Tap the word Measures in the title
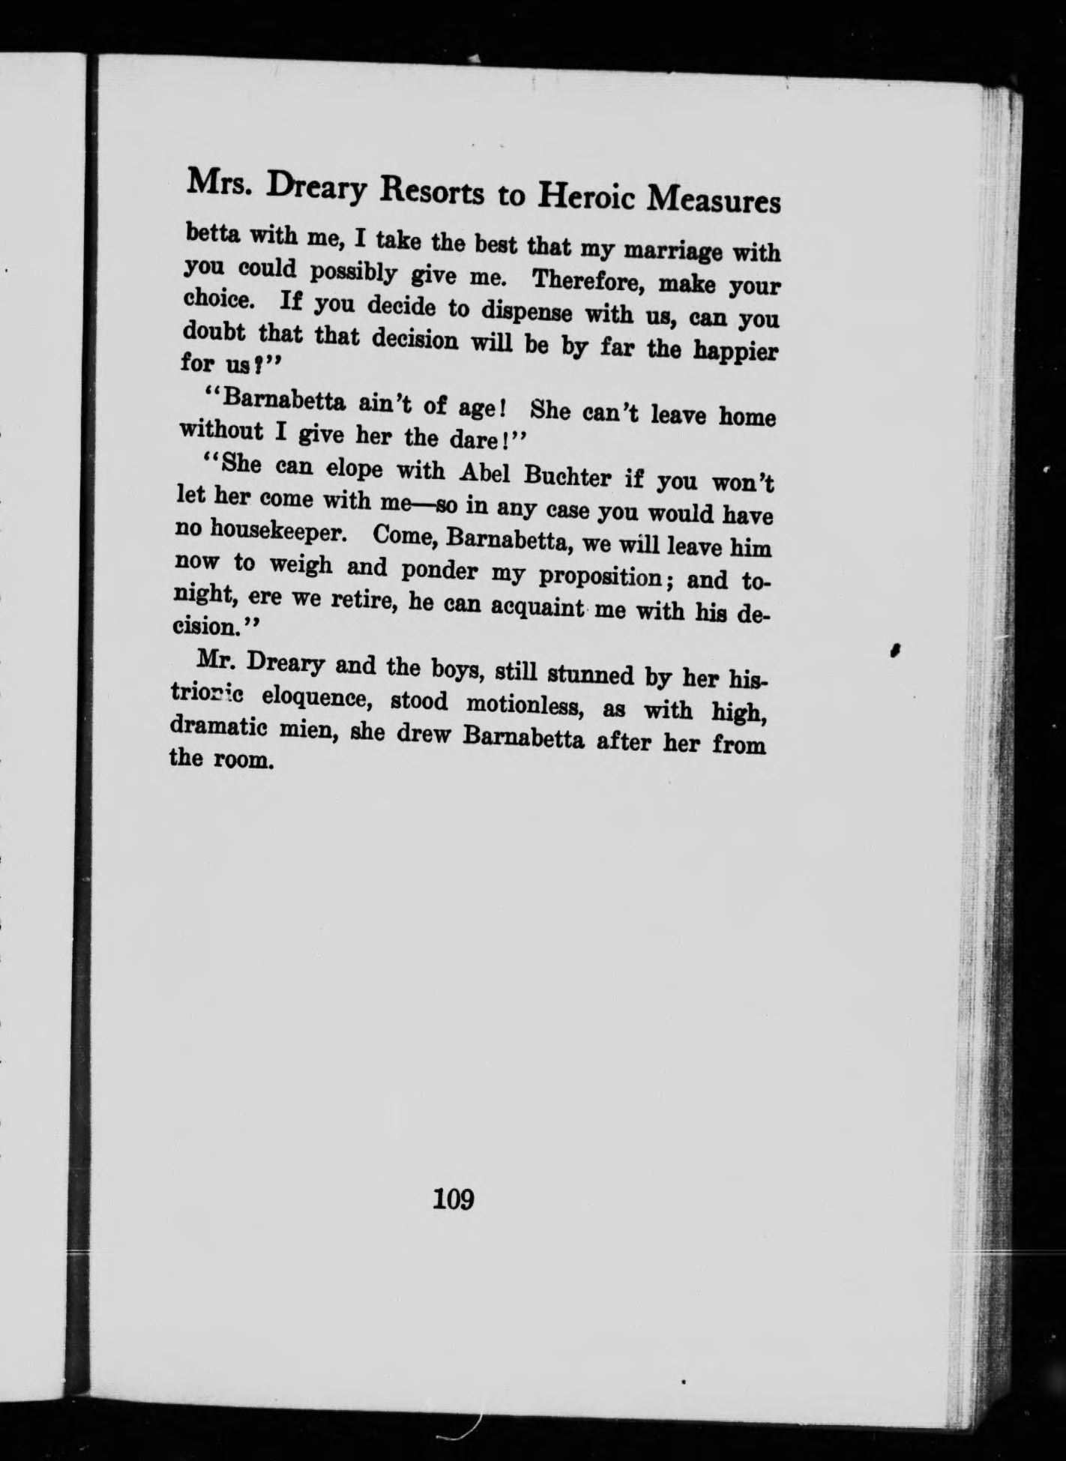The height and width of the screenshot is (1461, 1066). coord(714,200)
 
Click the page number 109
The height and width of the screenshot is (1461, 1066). coord(453,1199)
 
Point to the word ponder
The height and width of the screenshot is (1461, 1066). coord(440,571)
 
